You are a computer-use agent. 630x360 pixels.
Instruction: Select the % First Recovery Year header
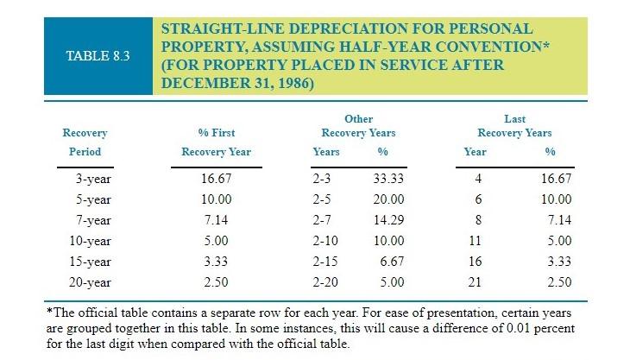pos(217,142)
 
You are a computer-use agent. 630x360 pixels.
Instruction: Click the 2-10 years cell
pos(326,240)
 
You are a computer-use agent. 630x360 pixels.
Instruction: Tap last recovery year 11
pos(476,240)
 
